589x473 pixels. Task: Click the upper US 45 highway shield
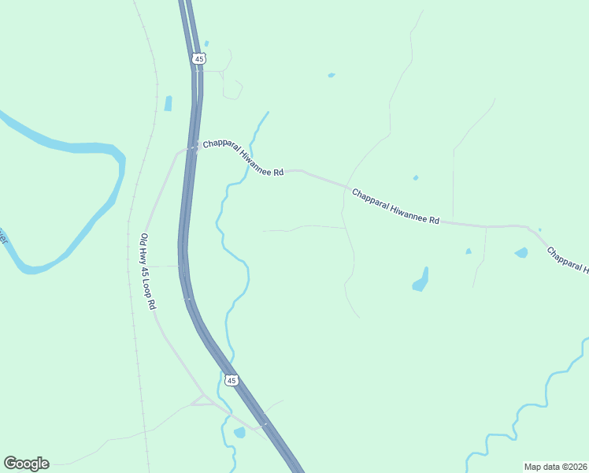click(198, 59)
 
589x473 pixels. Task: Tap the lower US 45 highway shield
click(230, 380)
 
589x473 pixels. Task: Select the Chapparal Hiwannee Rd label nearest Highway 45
click(243, 158)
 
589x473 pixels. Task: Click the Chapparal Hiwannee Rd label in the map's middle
click(395, 206)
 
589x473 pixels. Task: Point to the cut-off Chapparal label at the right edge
click(567, 261)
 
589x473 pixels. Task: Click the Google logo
click(26, 464)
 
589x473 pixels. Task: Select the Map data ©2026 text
click(555, 467)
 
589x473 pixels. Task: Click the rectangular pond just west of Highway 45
click(168, 103)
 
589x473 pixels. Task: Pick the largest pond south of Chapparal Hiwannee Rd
click(421, 280)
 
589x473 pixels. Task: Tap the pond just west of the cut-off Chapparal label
click(520, 253)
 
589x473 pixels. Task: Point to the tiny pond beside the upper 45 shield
click(206, 43)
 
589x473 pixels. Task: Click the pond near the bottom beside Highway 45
click(239, 433)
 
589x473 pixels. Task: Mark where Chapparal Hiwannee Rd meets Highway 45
click(192, 147)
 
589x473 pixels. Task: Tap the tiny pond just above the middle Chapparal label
click(415, 177)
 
